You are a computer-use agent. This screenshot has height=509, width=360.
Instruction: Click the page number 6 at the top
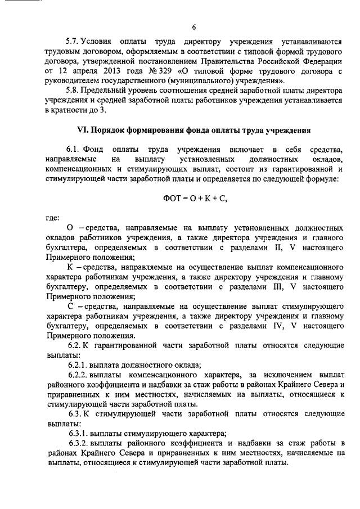194,26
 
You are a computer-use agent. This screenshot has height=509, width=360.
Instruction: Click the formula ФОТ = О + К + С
194,199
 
